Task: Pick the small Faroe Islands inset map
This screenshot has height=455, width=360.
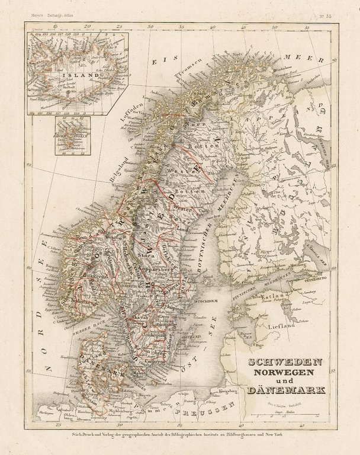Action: click(x=69, y=135)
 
